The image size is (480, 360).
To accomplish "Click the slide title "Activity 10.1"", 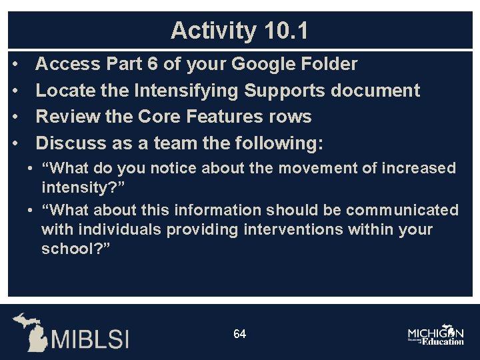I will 239,31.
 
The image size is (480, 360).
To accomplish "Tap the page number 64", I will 239,333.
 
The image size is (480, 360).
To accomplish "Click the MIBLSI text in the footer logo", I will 91,337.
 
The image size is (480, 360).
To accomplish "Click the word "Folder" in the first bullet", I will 329,65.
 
